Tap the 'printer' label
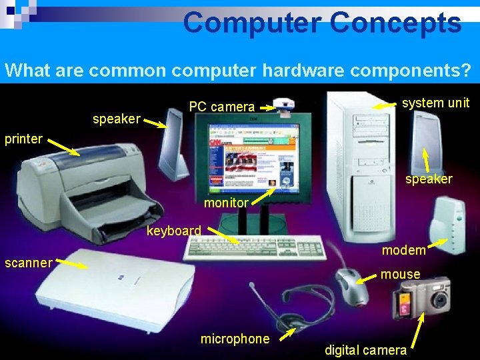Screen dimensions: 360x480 pyautogui.click(x=23, y=139)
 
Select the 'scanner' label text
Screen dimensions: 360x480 pyautogui.click(x=28, y=263)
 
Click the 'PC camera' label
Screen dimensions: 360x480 pyautogui.click(x=221, y=107)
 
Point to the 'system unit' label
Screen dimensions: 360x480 pyautogui.click(x=435, y=103)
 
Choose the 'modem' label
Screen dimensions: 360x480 pyautogui.click(x=403, y=250)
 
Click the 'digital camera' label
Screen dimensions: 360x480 pyautogui.click(x=365, y=350)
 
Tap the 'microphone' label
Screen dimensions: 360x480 pyautogui.click(x=235, y=339)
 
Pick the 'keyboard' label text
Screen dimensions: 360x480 pyautogui.click(x=173, y=231)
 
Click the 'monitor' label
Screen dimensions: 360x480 pyautogui.click(x=226, y=203)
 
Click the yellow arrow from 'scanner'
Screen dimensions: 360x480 pyautogui.click(x=71, y=265)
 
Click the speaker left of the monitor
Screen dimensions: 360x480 pyautogui.click(x=173, y=143)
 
